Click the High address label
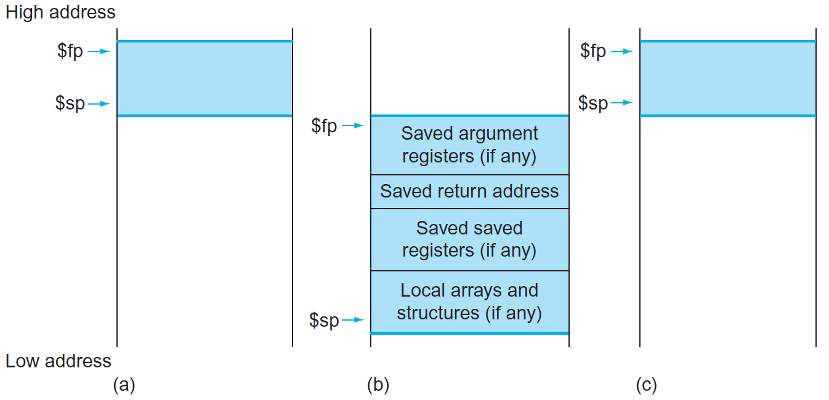60,12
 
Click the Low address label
59,361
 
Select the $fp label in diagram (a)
70,51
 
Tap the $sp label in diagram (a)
70,103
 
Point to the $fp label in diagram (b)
324,126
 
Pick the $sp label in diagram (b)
324,320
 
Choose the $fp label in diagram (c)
593,51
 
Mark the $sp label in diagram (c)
593,103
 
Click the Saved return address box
469,191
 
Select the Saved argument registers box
469,145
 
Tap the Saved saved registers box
469,239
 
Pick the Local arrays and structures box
469,302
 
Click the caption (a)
124,385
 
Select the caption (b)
378,385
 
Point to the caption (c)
646,385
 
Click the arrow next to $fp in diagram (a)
99,52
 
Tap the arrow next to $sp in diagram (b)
354,320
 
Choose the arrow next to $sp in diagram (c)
622,103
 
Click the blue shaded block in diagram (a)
204,78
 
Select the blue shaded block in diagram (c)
728,78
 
